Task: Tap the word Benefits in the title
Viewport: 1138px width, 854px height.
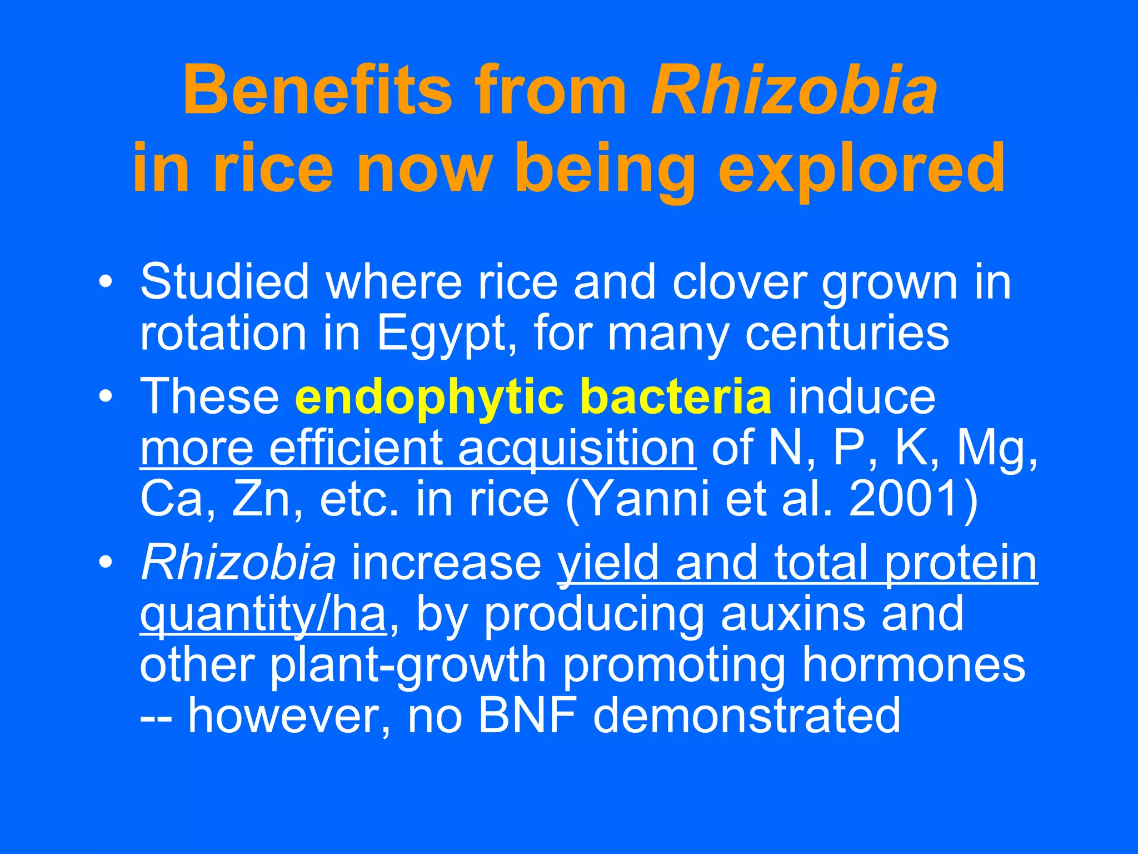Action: pyautogui.click(x=317, y=90)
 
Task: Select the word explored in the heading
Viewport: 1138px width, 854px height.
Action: pyautogui.click(x=861, y=168)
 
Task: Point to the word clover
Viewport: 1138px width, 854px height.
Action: pyautogui.click(x=739, y=282)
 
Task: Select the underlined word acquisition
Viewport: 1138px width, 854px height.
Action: pyautogui.click(x=576, y=448)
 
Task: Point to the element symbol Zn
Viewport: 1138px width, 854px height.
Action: pyautogui.click(x=262, y=499)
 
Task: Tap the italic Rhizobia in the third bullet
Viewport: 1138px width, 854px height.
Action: pyautogui.click(x=238, y=563)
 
